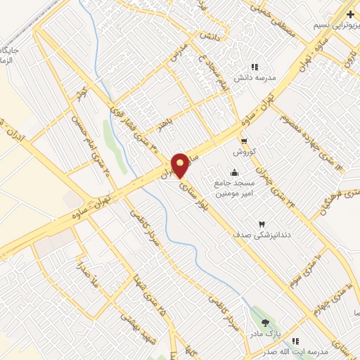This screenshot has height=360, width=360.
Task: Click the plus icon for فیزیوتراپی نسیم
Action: click(350, 13)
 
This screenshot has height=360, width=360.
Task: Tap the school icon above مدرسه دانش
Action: click(264, 66)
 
